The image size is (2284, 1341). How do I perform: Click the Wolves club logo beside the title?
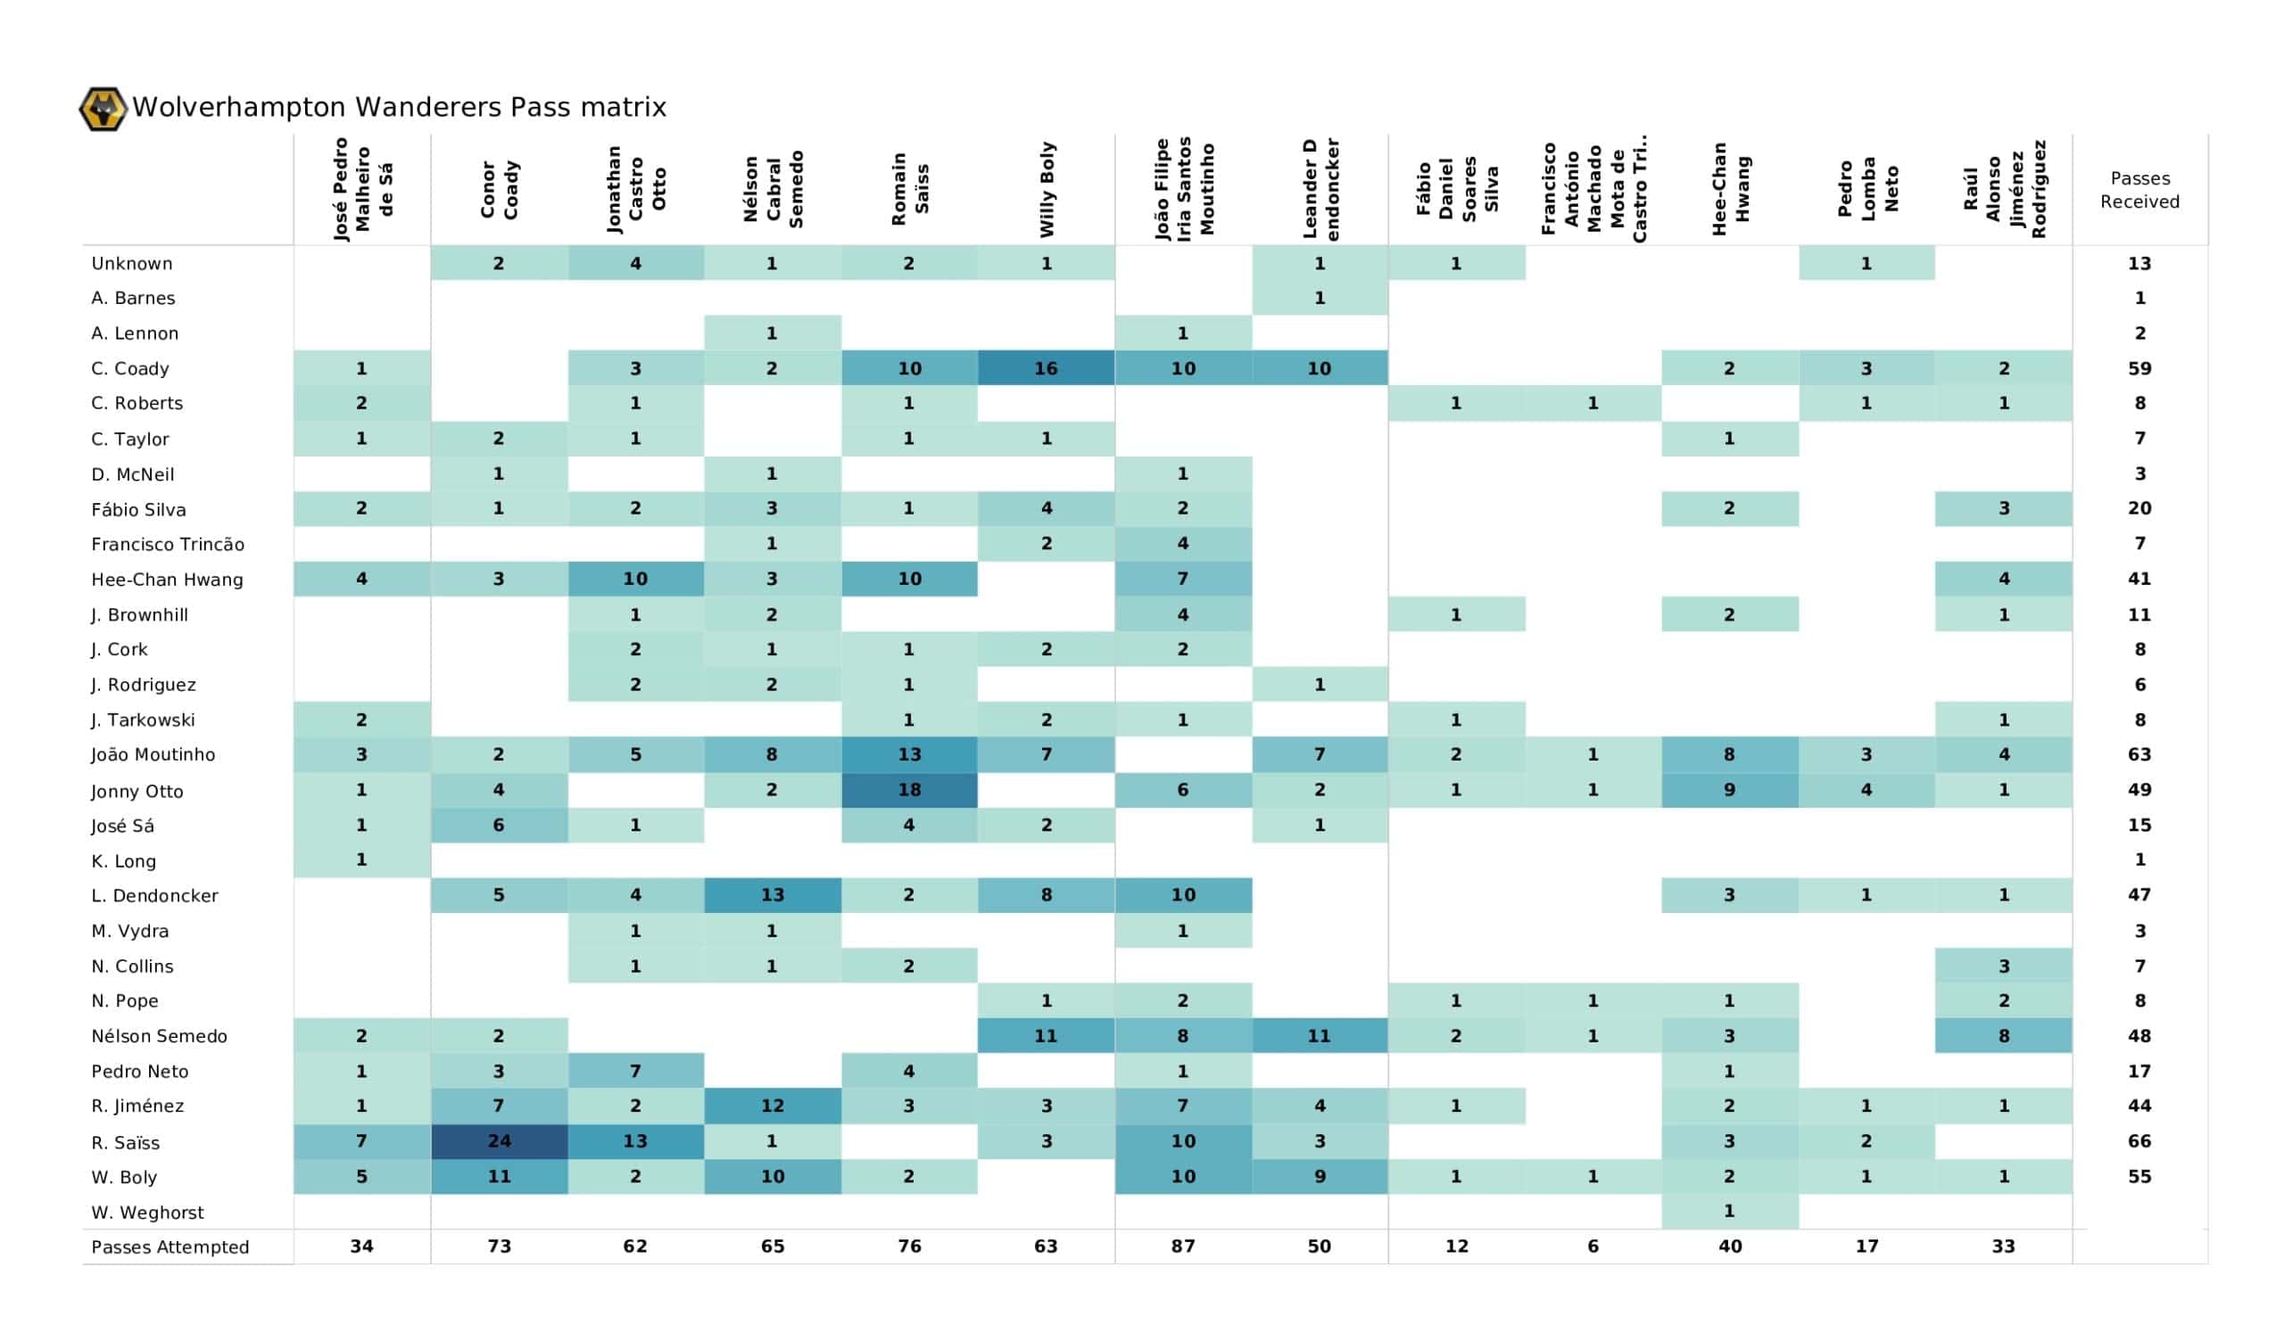point(103,109)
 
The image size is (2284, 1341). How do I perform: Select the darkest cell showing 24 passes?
point(499,1140)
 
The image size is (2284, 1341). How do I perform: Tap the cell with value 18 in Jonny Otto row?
point(909,789)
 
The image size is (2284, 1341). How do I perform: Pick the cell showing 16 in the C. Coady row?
point(1046,368)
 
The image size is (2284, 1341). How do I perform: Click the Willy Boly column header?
point(1047,189)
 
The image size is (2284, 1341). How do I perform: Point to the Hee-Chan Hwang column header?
point(1730,189)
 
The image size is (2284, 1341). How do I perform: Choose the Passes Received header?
point(2139,189)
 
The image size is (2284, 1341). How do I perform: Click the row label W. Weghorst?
point(147,1213)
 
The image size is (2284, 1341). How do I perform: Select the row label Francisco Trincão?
point(168,544)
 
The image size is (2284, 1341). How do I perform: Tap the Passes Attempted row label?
point(170,1246)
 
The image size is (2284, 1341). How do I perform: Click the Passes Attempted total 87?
point(1183,1246)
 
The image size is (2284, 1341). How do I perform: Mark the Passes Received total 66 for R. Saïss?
point(2139,1140)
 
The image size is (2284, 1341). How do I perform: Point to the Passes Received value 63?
point(2139,753)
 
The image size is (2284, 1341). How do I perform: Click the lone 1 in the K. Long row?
point(360,860)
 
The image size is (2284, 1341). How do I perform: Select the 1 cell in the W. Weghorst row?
point(1729,1211)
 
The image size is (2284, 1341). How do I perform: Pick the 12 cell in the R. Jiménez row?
point(773,1106)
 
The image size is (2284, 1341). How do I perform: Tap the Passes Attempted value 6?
point(1593,1246)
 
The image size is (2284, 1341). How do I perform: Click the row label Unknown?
point(131,264)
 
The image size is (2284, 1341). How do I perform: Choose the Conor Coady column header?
point(499,189)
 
